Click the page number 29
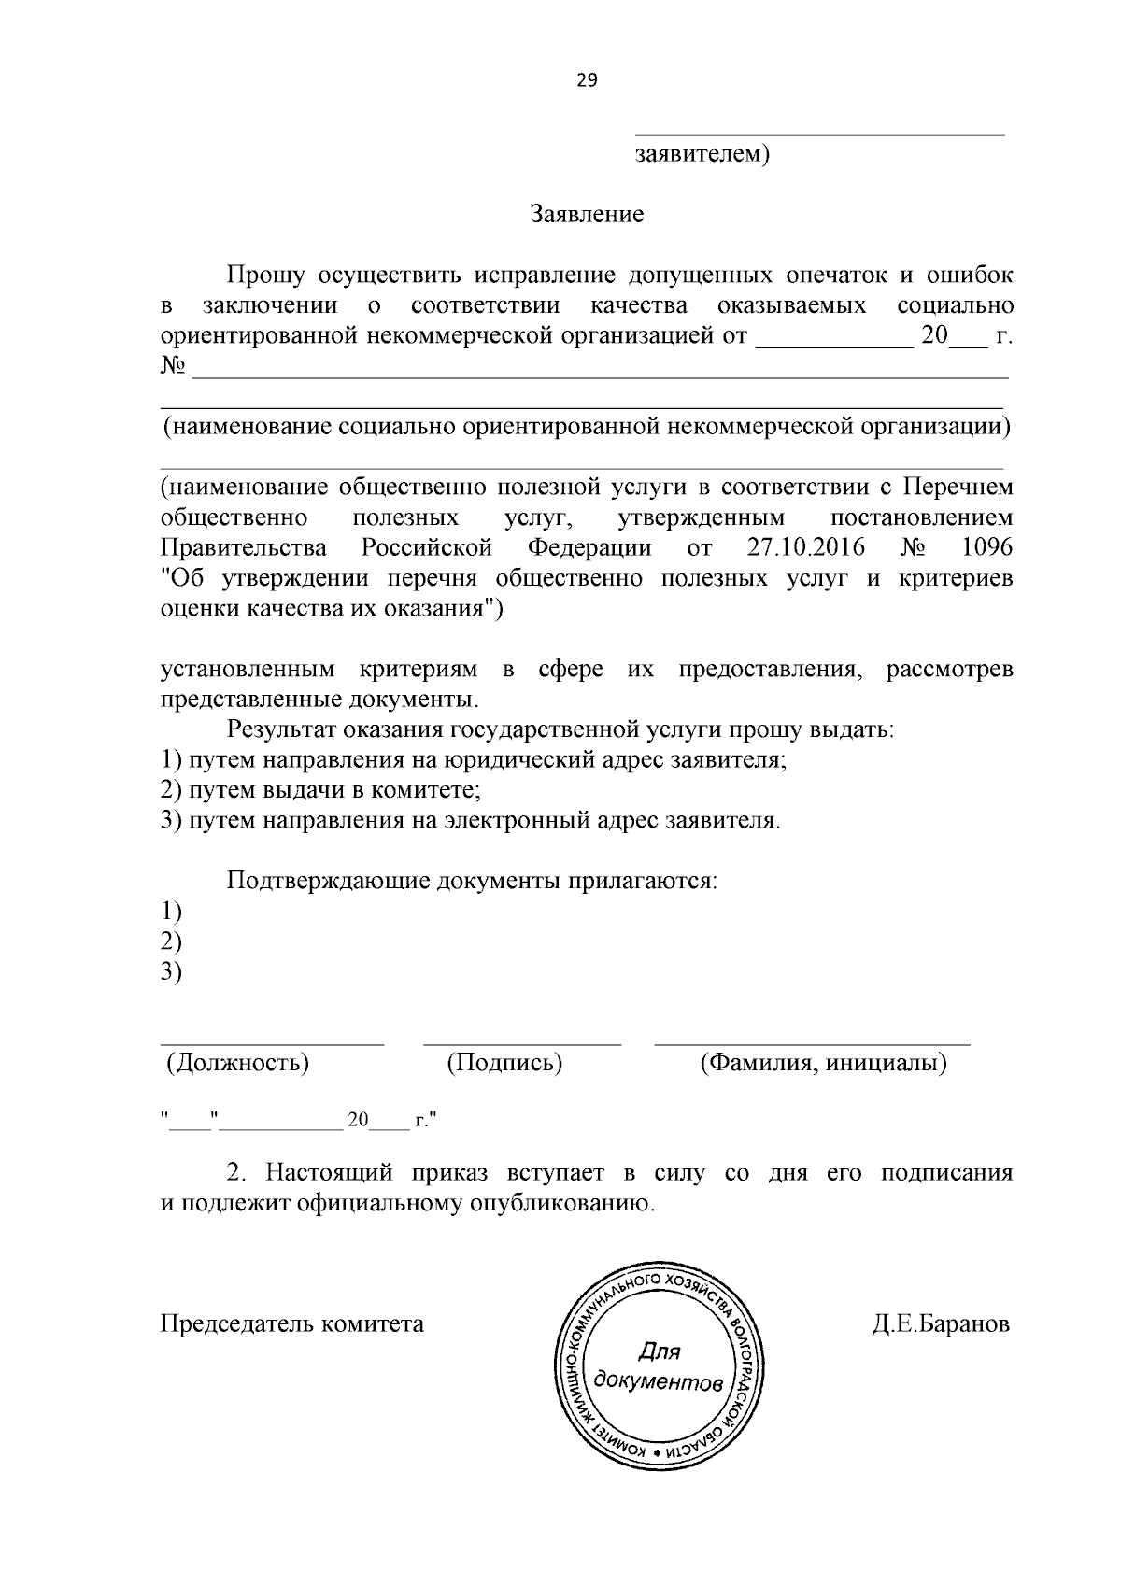tap(587, 80)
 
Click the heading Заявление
tap(587, 215)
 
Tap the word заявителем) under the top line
tap(702, 154)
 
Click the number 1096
tap(986, 547)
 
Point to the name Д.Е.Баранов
tap(941, 1324)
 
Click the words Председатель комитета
tap(292, 1324)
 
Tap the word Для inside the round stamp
tap(660, 1351)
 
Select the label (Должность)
tap(237, 1062)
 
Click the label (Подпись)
tap(504, 1062)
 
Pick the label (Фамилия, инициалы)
tap(823, 1062)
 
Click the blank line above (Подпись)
tap(521, 1040)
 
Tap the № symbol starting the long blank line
tap(172, 366)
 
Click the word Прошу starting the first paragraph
tap(265, 276)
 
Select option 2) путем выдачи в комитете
tap(321, 790)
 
